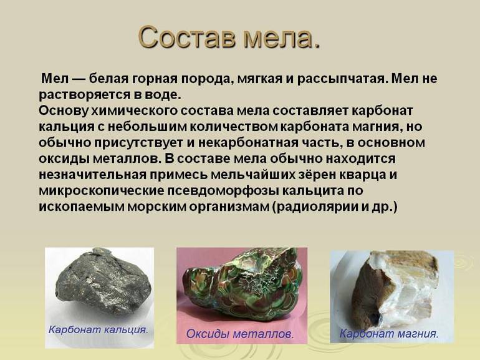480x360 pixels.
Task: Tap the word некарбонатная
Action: (x=265, y=143)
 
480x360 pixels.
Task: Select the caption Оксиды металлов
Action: (x=240, y=334)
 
